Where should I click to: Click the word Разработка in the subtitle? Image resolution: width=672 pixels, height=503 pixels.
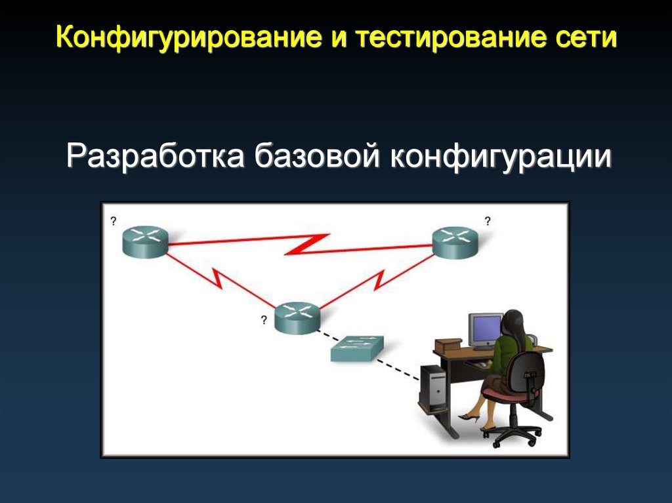coord(154,158)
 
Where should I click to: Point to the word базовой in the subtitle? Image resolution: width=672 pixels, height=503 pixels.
coord(319,158)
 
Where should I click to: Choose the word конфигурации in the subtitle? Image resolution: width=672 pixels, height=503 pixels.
coord(502,158)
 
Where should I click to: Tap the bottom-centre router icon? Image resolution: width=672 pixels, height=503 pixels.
coord(297,318)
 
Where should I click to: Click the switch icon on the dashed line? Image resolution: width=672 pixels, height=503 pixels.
coord(356,350)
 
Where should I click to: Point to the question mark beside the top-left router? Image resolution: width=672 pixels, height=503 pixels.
coord(113,221)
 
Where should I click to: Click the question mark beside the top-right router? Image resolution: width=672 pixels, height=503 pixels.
coord(487,221)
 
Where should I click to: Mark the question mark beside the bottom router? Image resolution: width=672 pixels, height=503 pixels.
coord(264,320)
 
